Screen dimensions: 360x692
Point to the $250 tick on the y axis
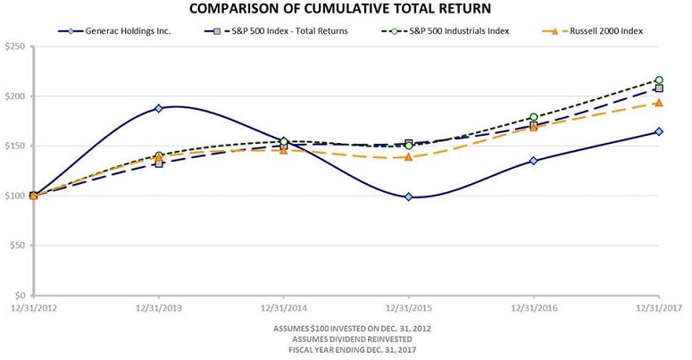click(x=15, y=46)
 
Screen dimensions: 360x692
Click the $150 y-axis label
click(x=15, y=146)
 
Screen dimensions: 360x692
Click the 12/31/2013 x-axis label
click(x=159, y=307)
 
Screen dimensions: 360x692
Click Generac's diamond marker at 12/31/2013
click(x=159, y=108)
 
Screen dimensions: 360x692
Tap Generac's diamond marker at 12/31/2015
click(x=409, y=197)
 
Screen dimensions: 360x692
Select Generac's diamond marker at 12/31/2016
click(x=534, y=161)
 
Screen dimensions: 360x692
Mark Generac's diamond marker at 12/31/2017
click(x=659, y=131)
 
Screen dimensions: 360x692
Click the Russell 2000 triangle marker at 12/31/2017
click(x=659, y=103)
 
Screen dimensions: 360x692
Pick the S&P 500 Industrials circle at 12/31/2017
click(x=659, y=80)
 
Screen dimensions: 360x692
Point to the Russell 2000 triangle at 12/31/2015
click(x=409, y=157)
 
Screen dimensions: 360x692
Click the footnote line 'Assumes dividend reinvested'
click(x=346, y=339)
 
